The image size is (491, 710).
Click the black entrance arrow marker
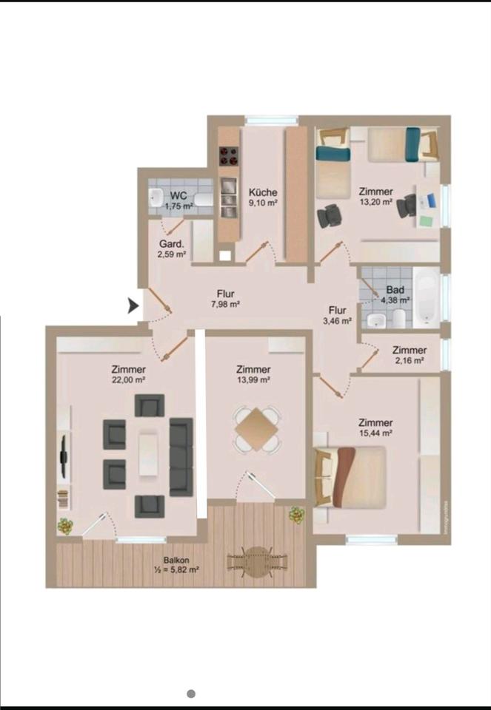(x=133, y=306)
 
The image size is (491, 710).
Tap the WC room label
(x=178, y=196)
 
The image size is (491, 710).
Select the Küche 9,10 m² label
(x=263, y=197)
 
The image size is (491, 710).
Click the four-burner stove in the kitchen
(x=229, y=156)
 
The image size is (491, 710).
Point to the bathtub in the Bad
(x=426, y=297)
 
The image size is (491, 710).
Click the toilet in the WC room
(x=204, y=199)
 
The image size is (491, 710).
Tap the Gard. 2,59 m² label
(x=172, y=249)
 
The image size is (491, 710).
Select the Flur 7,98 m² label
(x=225, y=299)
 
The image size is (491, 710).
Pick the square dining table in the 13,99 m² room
(x=256, y=429)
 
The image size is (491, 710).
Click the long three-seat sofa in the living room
(x=181, y=457)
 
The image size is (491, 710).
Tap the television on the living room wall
(x=64, y=456)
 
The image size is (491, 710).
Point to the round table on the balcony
(x=257, y=562)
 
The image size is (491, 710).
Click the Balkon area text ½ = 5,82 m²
(x=177, y=569)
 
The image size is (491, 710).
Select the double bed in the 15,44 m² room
(x=350, y=477)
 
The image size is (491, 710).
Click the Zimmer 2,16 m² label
(x=409, y=355)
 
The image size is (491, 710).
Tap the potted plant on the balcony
(x=297, y=515)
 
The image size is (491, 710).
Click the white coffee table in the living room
(x=148, y=454)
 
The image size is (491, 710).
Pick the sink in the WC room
(x=156, y=197)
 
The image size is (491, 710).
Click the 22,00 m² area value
(x=128, y=380)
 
